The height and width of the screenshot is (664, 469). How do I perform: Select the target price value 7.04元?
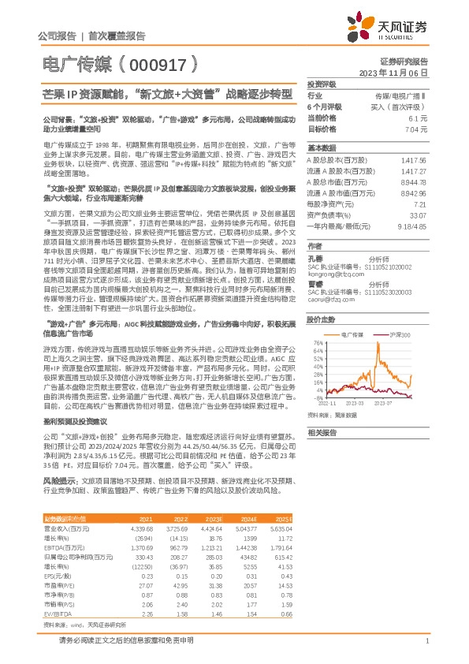[x=415, y=129]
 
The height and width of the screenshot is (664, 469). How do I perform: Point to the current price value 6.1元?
[x=418, y=117]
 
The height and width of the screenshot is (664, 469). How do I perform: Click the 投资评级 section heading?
[x=322, y=84]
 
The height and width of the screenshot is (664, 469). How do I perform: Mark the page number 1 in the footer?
[x=426, y=640]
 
